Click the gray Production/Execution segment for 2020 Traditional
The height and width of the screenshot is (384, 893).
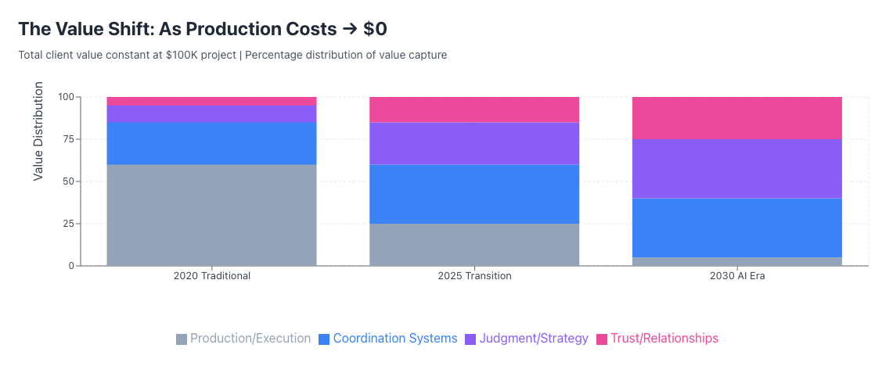211,214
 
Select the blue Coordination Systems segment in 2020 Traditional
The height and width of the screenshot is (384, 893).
211,143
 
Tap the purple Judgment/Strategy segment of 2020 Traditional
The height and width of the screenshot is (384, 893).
211,113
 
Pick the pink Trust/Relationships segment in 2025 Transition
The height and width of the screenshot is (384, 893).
474,109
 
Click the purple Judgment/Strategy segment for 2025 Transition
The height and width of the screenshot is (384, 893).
474,143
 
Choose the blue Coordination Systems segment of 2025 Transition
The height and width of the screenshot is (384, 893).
474,194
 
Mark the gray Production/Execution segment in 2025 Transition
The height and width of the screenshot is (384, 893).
474,244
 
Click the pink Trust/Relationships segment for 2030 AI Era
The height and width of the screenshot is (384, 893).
737,117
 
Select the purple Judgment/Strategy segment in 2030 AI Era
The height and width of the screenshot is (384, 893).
737,168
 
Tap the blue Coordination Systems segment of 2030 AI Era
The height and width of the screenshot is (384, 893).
737,228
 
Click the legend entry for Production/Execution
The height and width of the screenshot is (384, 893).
243,339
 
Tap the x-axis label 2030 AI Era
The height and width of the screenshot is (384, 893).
737,276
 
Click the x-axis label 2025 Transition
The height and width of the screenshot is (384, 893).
474,276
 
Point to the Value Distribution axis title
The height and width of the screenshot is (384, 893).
38,131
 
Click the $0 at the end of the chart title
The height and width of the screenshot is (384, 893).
375,29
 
